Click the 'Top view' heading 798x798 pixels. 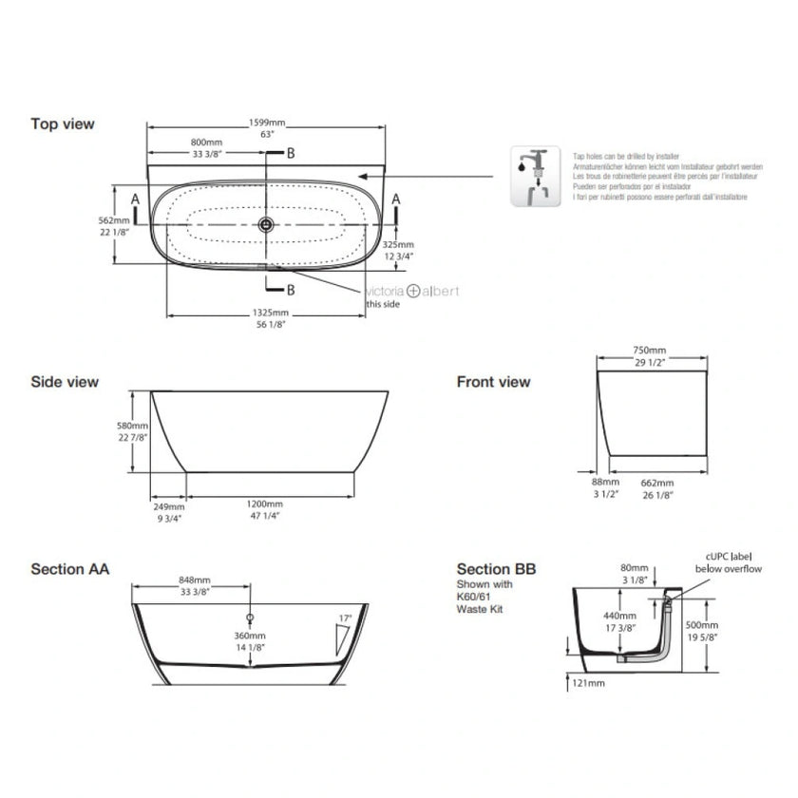coord(63,123)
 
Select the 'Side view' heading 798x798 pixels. coord(65,382)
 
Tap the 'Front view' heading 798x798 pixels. coord(493,382)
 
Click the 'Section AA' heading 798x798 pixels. coord(69,569)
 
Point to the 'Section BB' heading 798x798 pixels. coord(496,569)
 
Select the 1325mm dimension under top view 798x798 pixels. coord(267,313)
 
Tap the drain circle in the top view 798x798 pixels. coord(267,224)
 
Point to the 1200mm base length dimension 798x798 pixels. coord(266,503)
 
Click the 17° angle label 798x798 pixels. coord(344,618)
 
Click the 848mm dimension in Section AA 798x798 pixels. coord(195,579)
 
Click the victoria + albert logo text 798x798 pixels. coord(409,294)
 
